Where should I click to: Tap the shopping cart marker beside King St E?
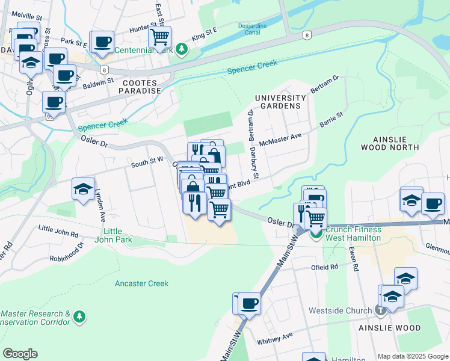coord(159,37)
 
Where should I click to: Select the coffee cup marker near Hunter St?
coord(102,42)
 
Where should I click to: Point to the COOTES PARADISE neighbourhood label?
coord(142,87)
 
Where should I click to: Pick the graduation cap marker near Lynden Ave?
coord(83,189)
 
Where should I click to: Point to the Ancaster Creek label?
coord(141,283)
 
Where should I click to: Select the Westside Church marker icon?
coord(380,311)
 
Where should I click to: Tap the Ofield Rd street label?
coord(325,267)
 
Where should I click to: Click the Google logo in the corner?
coord(20,354)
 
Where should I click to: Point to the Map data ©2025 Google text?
coord(413,356)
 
